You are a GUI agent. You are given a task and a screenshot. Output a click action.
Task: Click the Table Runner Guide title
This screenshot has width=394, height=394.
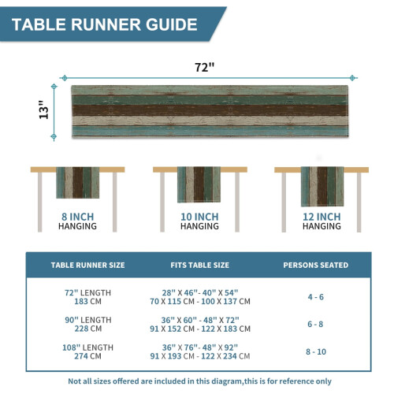click(105, 24)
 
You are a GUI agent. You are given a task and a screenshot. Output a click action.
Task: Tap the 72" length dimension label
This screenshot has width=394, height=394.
click(204, 67)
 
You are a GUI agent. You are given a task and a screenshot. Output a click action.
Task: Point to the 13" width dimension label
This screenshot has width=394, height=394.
click(44, 110)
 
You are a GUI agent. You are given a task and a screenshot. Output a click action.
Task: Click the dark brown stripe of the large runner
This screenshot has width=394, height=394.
click(210, 110)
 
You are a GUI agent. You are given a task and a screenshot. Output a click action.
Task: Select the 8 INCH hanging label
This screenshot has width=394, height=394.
click(77, 221)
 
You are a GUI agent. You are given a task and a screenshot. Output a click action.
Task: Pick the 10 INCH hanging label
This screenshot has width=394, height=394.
click(199, 221)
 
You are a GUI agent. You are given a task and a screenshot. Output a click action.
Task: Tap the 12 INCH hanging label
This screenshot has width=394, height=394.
click(322, 221)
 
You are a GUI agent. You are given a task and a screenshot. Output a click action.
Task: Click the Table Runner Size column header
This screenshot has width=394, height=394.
click(87, 265)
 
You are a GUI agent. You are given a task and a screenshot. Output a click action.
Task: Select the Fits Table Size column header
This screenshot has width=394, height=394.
click(199, 265)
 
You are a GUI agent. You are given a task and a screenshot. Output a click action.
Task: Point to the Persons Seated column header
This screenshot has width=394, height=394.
click(316, 265)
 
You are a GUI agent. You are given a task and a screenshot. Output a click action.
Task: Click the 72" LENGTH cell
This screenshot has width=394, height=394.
click(87, 292)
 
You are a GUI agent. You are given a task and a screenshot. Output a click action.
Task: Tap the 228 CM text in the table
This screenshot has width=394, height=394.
click(87, 329)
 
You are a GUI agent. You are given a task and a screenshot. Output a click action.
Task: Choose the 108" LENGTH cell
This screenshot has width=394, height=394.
click(87, 348)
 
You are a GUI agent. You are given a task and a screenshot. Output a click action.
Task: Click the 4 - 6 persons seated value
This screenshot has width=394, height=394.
click(316, 297)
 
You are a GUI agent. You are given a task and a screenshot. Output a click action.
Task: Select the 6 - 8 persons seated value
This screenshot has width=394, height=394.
click(315, 324)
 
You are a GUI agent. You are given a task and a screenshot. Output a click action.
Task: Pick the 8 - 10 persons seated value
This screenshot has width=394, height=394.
click(316, 351)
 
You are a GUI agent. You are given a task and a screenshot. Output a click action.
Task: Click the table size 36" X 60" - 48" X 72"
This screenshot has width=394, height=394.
click(200, 320)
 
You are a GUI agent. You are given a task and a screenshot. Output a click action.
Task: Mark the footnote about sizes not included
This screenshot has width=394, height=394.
click(199, 381)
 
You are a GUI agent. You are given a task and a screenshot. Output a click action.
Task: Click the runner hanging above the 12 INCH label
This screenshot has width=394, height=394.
click(322, 187)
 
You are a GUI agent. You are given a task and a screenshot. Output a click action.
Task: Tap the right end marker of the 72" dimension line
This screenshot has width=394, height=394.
click(352, 78)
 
